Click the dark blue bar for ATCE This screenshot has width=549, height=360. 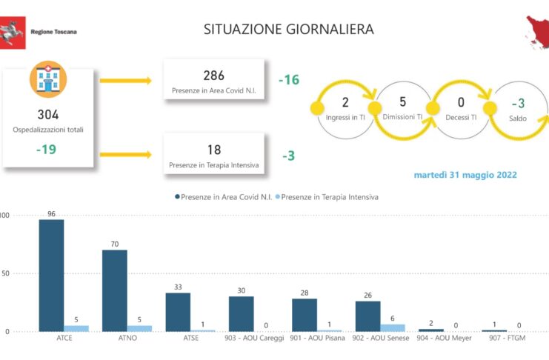click(51, 276)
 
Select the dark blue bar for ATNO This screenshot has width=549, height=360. click(115, 290)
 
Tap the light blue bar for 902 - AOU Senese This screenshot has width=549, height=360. click(393, 328)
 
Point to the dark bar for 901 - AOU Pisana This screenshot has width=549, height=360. click(305, 315)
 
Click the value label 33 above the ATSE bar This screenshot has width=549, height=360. click(178, 287)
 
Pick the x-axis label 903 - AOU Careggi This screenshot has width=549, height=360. click(254, 338)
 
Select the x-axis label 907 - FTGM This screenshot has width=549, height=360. click(508, 338)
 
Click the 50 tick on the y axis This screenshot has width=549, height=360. click(5, 273)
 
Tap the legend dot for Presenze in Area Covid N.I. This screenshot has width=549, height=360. click(178, 197)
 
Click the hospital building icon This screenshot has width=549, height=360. click(48, 79)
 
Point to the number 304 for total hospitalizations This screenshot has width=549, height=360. click(48, 115)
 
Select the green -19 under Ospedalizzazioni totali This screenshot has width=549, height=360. click(46, 150)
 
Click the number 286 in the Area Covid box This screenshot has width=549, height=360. click(213, 76)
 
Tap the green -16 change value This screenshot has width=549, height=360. click(289, 80)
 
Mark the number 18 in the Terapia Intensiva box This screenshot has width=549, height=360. click(214, 150)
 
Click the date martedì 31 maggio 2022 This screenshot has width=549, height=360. click(465, 175)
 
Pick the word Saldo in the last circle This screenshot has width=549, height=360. click(518, 119)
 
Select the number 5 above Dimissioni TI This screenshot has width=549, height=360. click(402, 102)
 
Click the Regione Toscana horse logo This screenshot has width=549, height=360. click(13, 33)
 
